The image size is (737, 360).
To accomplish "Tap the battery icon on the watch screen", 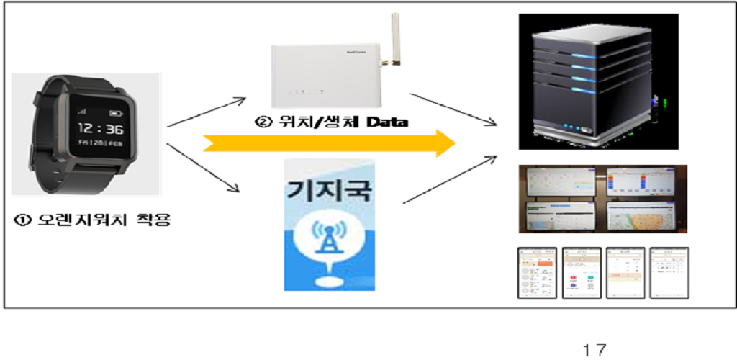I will click(x=114, y=114).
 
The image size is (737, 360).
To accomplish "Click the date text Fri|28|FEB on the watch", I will click(x=100, y=144).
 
